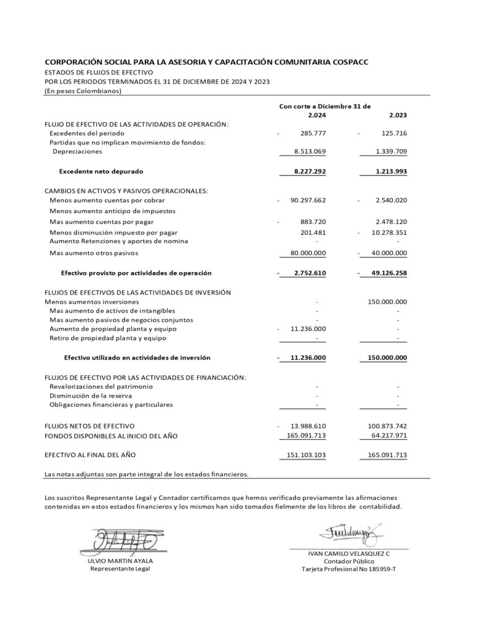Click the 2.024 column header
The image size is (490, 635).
tap(317, 115)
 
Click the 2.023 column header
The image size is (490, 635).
tap(398, 115)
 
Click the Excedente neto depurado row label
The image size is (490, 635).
tap(105, 171)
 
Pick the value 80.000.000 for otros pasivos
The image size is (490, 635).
tap(304, 253)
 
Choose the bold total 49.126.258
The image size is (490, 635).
tap(385, 273)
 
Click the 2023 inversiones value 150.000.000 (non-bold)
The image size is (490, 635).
tap(384, 302)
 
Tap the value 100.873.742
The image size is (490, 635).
tap(383, 426)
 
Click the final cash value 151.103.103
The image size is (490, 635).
tap(304, 455)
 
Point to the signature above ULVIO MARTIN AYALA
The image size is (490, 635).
tap(122, 541)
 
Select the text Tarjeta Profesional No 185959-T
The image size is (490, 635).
tap(349, 569)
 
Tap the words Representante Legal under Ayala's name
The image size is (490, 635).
tap(120, 569)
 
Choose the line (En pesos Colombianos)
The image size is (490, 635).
tap(83, 91)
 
